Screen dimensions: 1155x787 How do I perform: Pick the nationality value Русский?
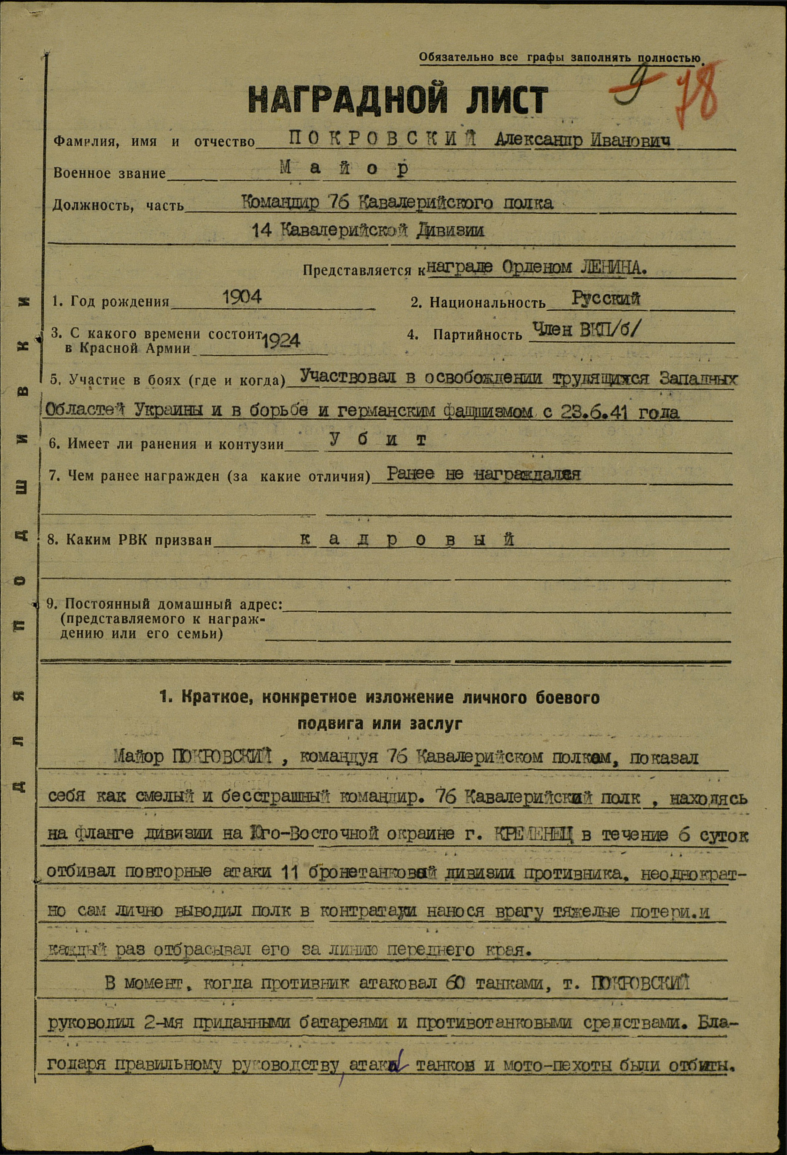[605, 299]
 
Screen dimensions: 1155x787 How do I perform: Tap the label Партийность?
[477, 335]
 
